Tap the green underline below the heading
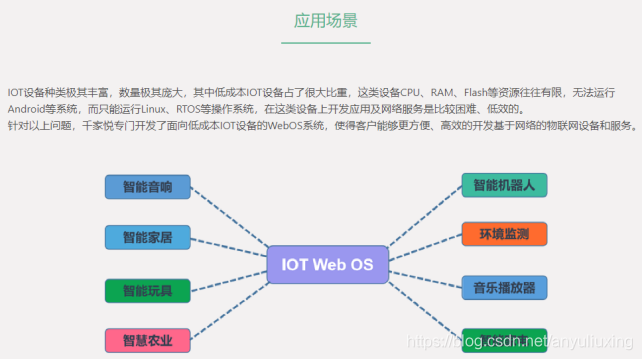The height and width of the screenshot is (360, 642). (x=325, y=43)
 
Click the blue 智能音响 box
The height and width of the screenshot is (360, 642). (x=147, y=187)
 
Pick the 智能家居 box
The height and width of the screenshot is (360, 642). (x=147, y=238)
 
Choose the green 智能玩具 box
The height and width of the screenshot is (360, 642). (x=147, y=291)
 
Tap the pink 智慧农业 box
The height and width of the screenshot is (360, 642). (x=147, y=341)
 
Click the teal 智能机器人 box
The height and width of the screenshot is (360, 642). (x=504, y=186)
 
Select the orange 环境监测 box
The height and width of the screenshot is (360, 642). (x=504, y=236)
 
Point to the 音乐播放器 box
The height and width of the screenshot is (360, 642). (x=504, y=288)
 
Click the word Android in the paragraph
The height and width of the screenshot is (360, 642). (x=29, y=109)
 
